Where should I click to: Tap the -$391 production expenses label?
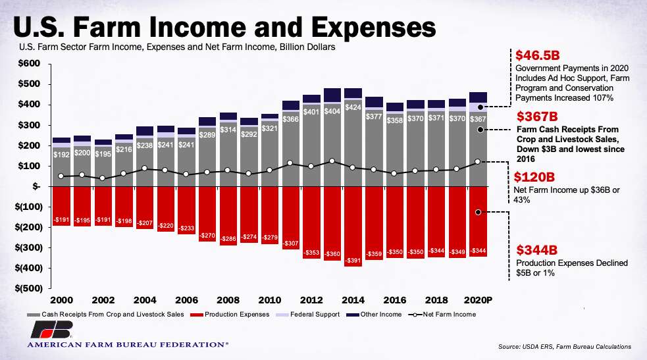(x=352, y=261)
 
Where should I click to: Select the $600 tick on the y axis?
(x=28, y=64)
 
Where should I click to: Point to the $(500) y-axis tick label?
(x=26, y=288)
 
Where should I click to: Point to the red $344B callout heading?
(x=536, y=250)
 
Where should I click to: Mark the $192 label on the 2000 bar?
(x=61, y=155)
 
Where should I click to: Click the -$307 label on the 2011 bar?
(x=290, y=244)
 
